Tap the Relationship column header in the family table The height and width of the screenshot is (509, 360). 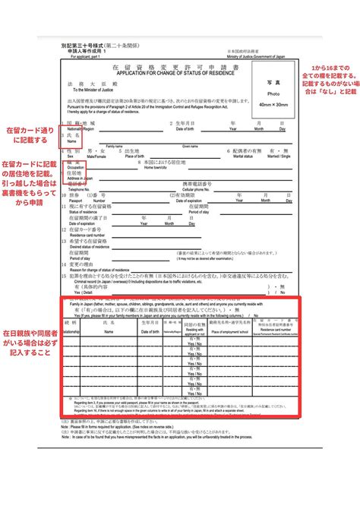(x=71, y=331)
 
